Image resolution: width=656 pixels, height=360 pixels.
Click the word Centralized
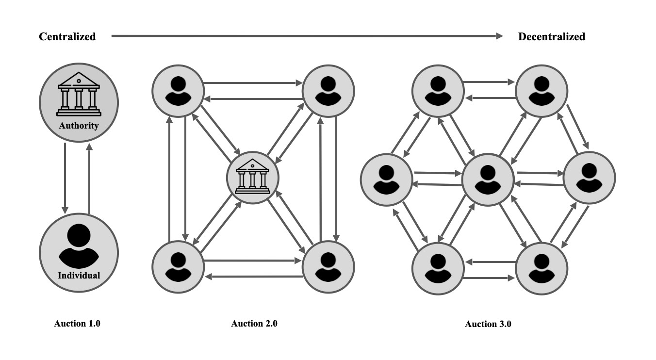pyautogui.click(x=67, y=36)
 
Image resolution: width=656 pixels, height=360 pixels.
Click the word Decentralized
pyautogui.click(x=552, y=36)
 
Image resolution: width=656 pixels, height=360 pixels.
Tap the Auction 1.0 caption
pyautogui.click(x=77, y=324)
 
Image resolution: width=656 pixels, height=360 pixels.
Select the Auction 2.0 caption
pyautogui.click(x=254, y=324)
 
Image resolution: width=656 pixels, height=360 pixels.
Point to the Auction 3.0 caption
pyautogui.click(x=488, y=324)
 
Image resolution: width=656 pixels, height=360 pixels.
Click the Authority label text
pyautogui.click(x=79, y=126)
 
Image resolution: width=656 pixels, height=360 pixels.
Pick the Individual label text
pyautogui.click(x=79, y=276)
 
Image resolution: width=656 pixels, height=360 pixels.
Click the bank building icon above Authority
pyautogui.click(x=79, y=95)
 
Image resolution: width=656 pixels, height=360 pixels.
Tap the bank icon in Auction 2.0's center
pyautogui.click(x=252, y=177)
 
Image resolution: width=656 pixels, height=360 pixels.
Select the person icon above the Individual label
pyautogui.click(x=79, y=245)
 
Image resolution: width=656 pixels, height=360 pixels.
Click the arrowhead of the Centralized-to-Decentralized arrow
pyautogui.click(x=500, y=36)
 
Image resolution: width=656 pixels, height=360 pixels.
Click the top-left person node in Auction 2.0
pyautogui.click(x=178, y=91)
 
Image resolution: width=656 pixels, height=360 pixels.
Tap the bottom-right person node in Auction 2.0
pyautogui.click(x=328, y=266)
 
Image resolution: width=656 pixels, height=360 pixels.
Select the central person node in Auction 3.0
pyautogui.click(x=488, y=180)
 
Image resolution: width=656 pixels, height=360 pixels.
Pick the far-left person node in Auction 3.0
pyautogui.click(x=386, y=179)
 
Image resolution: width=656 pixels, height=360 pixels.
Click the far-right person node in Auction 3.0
pyautogui.click(x=589, y=178)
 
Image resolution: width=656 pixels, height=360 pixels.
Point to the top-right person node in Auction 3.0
pyautogui.click(x=541, y=91)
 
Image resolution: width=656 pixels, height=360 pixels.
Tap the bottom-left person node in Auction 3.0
pyautogui.click(x=438, y=268)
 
